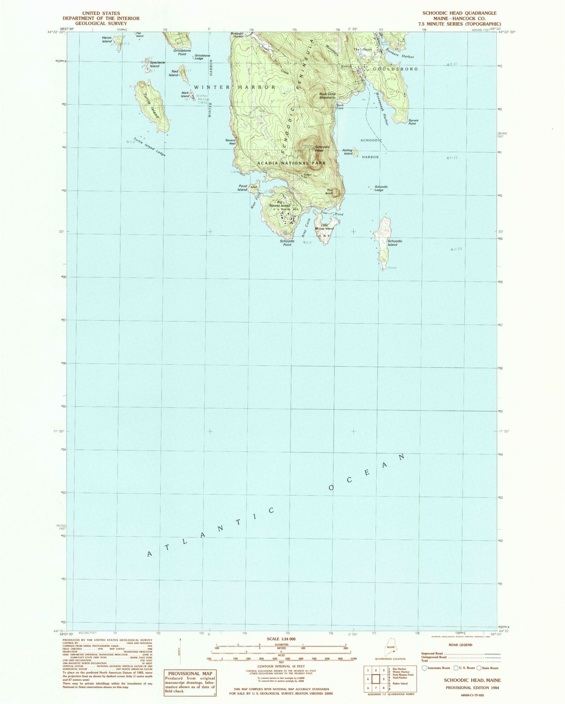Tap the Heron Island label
click(107, 39)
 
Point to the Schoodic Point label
click(287, 243)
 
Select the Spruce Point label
click(413, 122)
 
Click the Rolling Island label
click(347, 152)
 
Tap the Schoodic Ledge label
click(380, 188)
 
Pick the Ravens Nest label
click(230, 142)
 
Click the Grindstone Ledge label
click(202, 57)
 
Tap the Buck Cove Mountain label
click(327, 95)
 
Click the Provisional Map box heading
click(189, 673)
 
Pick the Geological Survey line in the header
click(101, 23)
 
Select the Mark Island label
click(185, 94)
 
